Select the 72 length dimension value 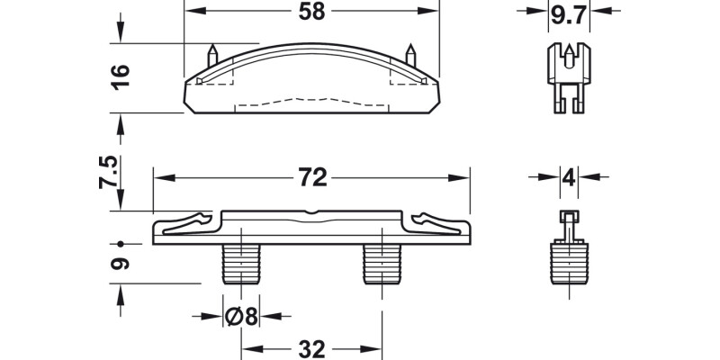311,178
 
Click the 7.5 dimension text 109,171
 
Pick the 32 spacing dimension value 311,347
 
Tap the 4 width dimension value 568,177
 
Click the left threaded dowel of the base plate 238,263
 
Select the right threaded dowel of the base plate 382,263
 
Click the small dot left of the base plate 119,243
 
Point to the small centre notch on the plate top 311,214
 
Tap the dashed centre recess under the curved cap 311,100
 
